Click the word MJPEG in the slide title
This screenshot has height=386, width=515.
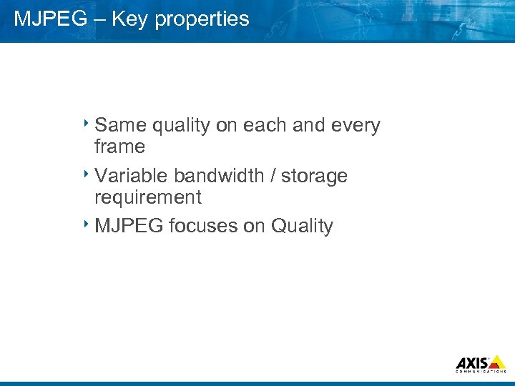48,19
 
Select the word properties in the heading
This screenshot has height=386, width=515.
202,19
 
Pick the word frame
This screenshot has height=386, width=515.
119,147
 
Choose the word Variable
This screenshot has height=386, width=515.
131,176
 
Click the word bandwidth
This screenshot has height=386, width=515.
221,176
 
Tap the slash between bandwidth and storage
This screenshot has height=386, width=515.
273,176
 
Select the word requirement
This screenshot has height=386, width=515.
148,197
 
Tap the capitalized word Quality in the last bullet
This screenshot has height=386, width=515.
302,227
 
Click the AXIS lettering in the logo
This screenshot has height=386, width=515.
473,362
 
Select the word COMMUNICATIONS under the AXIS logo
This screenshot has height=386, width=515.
481,372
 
